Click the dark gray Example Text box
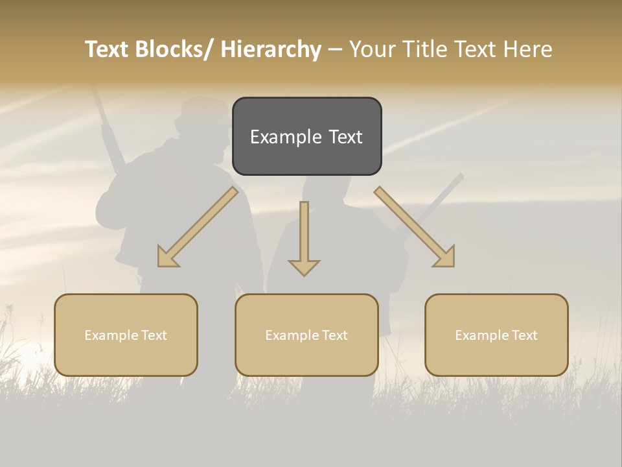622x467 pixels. (306, 136)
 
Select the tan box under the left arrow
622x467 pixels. (126, 335)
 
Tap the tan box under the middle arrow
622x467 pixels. (306, 335)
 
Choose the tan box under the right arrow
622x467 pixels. (496, 335)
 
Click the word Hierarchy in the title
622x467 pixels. (271, 49)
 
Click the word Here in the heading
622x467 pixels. (529, 49)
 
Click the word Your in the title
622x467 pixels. (372, 49)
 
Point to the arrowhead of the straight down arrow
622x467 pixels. (304, 266)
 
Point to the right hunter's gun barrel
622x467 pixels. (441, 195)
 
